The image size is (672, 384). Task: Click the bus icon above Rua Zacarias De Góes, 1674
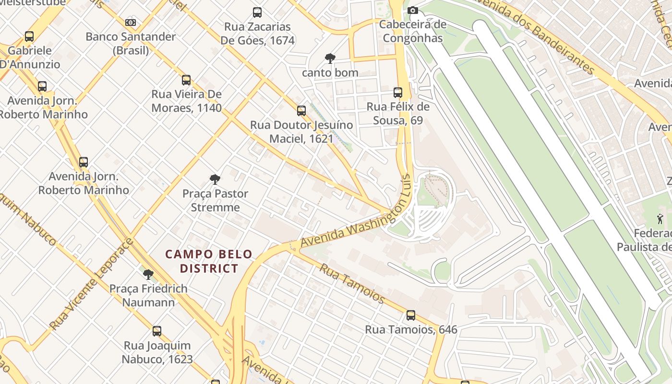point(257,12)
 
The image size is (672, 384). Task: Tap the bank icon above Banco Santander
point(131,23)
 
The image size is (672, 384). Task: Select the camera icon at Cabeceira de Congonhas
point(412,10)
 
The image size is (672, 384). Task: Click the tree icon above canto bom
point(330,59)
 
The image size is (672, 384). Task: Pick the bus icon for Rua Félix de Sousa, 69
point(398,93)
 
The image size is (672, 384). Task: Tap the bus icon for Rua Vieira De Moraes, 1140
point(186,80)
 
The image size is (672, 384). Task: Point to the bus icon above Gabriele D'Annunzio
point(29,36)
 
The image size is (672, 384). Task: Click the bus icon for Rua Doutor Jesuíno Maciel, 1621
point(301,111)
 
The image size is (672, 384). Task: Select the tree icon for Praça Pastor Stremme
point(215,180)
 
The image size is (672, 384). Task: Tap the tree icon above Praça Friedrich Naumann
point(148,275)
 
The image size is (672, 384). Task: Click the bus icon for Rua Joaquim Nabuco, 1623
point(157,331)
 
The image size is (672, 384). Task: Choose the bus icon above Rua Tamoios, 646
point(411,315)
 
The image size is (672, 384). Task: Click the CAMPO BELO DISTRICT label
point(209,261)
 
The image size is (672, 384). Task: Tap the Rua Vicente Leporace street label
point(91,284)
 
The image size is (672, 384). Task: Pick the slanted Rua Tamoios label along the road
point(352,284)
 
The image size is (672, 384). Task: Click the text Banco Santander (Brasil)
point(131,43)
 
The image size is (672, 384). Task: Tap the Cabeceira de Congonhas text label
point(413,31)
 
